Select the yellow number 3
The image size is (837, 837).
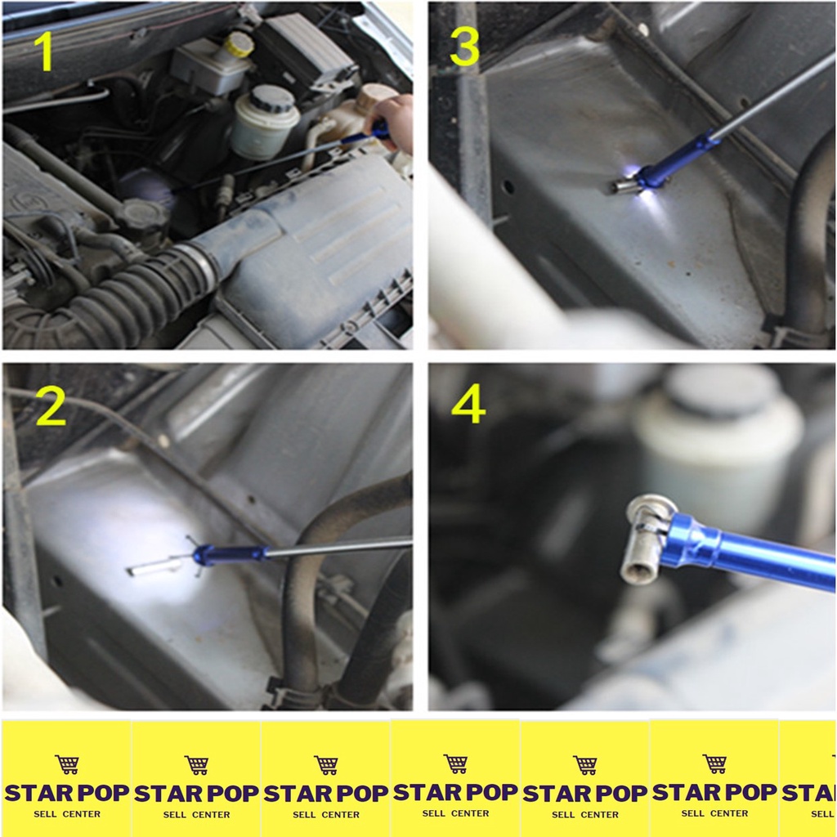point(464,46)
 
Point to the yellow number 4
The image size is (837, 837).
point(468,404)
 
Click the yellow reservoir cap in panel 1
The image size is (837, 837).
point(239,44)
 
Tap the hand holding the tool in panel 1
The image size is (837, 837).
point(392,122)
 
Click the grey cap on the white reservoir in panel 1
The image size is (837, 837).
point(273,99)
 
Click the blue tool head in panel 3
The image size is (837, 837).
point(675,162)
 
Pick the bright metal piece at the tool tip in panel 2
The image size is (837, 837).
point(154,567)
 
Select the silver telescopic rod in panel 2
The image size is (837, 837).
point(339,548)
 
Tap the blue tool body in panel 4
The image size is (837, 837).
point(747,551)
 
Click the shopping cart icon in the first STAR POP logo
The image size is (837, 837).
point(67,764)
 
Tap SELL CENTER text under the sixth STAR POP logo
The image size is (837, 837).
point(714,813)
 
